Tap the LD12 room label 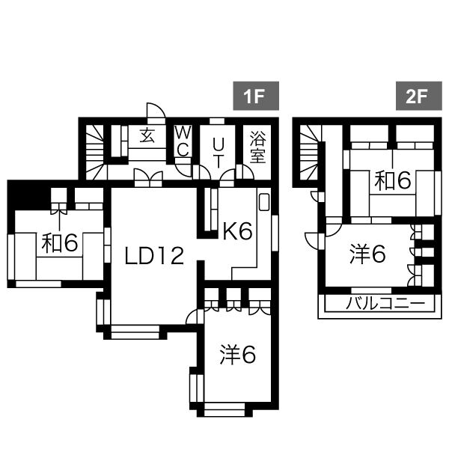tap(154, 257)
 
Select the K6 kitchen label tap(237, 232)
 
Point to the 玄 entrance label tap(147, 137)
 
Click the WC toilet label tap(183, 140)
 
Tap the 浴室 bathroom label tap(258, 147)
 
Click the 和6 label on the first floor tap(59, 243)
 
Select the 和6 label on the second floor tap(393, 180)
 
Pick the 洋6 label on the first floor tap(238, 355)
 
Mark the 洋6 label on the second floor tap(367, 255)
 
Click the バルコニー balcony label tap(385, 305)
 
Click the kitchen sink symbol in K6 tap(264, 203)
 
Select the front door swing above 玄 tap(156, 112)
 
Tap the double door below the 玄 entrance tap(147, 177)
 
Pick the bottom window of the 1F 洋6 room tap(224, 409)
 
